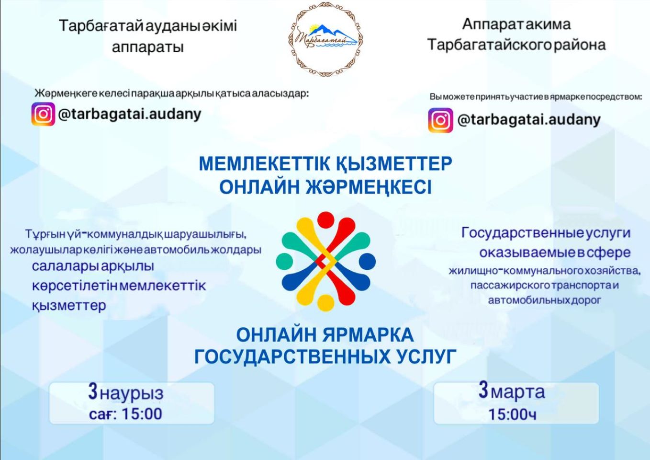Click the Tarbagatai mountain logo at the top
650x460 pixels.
(326, 39)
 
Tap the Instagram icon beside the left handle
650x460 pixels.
(43, 114)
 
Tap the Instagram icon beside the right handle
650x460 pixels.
(440, 120)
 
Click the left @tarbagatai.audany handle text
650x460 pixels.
(130, 115)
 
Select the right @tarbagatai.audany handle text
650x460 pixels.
(529, 120)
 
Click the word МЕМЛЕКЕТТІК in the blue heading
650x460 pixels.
(264, 164)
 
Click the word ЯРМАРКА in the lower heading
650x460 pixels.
(368, 335)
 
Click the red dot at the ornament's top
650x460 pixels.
(326, 220)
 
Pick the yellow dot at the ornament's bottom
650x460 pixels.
(326, 303)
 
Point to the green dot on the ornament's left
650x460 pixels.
(284, 261)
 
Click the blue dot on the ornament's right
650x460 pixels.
(368, 261)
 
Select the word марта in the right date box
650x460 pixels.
(518, 392)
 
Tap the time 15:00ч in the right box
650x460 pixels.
(513, 414)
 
